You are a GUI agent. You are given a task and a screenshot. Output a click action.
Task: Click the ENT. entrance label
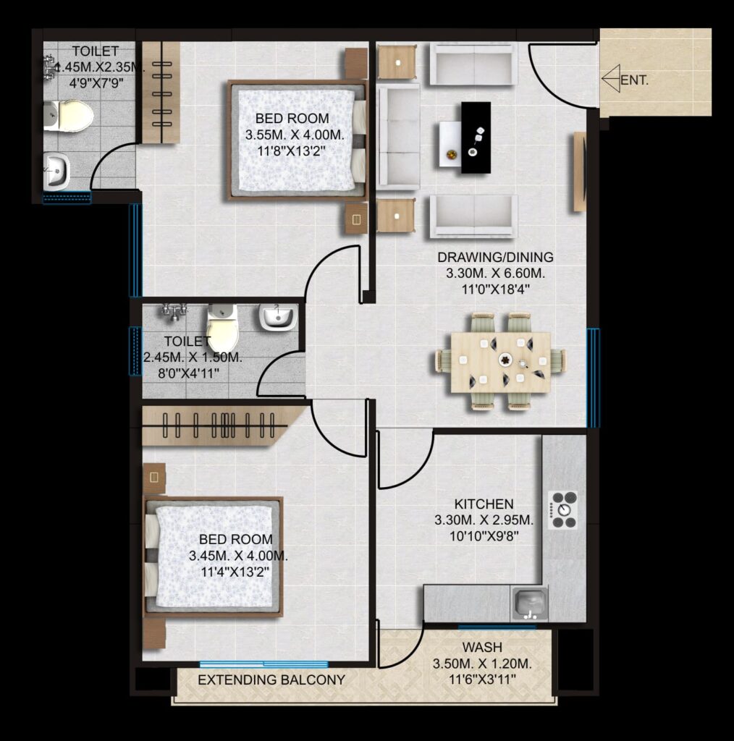tap(634, 80)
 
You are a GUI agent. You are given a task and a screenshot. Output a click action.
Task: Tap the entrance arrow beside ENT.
tap(611, 78)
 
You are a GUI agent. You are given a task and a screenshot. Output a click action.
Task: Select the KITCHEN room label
tap(484, 504)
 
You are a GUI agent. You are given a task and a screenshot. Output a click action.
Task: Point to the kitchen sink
tap(530, 604)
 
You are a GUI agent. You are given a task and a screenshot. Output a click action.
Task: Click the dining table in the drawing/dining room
tap(500, 362)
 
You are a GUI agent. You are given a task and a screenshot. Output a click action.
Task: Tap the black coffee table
tap(476, 137)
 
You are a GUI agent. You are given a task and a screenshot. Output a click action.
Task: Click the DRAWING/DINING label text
tap(495, 257)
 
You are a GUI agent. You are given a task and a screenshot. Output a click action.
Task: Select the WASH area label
tap(482, 647)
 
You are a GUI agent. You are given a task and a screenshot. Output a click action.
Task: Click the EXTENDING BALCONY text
tap(271, 680)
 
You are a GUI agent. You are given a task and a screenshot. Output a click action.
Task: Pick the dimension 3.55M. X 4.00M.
tap(295, 135)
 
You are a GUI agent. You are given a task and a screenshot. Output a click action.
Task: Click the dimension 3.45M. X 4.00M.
tap(238, 556)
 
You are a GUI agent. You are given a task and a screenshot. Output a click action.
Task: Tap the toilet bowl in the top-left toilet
tap(69, 115)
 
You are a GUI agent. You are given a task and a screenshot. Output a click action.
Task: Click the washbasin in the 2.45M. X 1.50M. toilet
tap(279, 317)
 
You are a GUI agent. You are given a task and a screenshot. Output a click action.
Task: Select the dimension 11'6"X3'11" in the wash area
tap(482, 679)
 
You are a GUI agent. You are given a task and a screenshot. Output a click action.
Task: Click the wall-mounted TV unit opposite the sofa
tap(579, 172)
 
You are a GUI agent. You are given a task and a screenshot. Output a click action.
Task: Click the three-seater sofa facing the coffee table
tap(399, 137)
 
